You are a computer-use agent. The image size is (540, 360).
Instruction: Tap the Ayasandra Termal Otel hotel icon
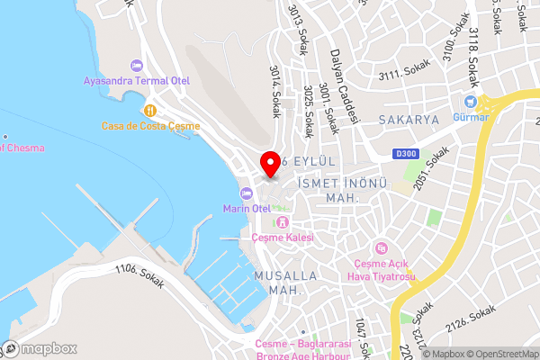[x=137, y=66]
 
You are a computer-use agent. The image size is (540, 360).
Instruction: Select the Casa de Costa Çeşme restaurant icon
[x=149, y=110]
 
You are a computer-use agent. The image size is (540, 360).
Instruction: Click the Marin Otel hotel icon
[x=246, y=193]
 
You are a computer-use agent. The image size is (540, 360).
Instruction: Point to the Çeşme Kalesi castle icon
[x=283, y=222]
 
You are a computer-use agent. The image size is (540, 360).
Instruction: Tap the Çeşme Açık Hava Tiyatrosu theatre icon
[x=382, y=248]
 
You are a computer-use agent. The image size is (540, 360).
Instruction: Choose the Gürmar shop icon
[x=470, y=102]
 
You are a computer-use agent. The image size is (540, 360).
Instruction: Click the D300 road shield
[x=405, y=154]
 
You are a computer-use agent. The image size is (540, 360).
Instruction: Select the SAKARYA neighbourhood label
[x=408, y=119]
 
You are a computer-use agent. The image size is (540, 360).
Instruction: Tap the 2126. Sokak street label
[x=470, y=319]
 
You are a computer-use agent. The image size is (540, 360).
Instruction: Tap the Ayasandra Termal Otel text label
[x=137, y=81]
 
